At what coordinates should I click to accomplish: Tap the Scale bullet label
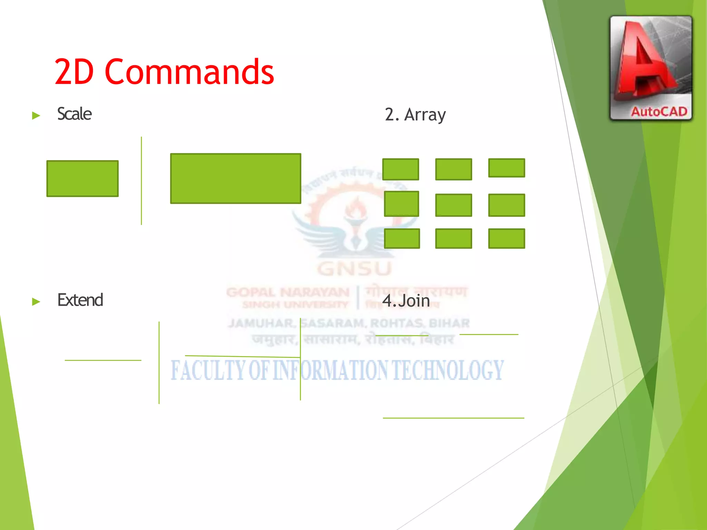(74, 114)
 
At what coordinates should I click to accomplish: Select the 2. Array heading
(415, 115)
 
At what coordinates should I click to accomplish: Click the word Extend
(80, 300)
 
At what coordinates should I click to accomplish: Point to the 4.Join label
(406, 301)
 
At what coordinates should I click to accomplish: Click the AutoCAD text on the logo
(659, 111)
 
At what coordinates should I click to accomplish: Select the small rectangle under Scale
(83, 178)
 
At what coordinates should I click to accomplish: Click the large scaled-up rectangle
(235, 178)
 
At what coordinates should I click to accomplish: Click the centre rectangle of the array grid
(453, 205)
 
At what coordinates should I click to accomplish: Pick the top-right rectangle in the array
(506, 168)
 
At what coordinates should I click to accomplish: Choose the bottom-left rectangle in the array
(402, 238)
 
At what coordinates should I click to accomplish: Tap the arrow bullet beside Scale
(36, 115)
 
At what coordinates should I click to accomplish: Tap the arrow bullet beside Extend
(36, 302)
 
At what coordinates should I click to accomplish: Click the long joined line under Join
(453, 418)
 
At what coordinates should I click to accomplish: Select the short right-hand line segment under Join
(489, 334)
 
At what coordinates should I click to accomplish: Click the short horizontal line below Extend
(103, 360)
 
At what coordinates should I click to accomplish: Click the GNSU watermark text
(355, 269)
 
